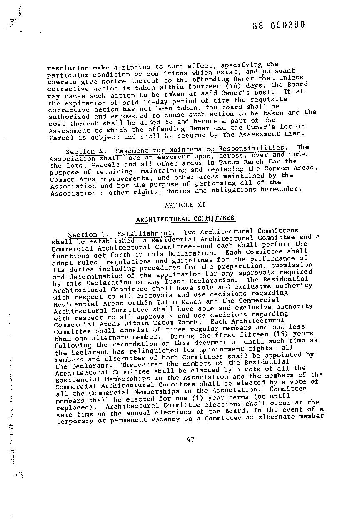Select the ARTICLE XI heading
(179, 205)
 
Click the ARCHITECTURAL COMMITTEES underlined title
(185, 219)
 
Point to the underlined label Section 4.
(86, 151)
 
